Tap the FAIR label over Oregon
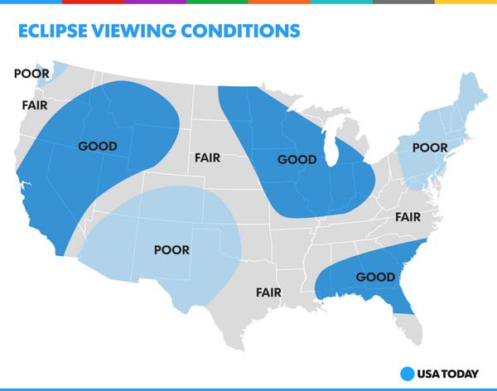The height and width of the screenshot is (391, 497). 35,105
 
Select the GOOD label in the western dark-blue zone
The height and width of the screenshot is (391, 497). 97,147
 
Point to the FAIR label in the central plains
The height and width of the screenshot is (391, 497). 207,157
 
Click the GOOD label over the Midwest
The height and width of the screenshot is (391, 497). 297,159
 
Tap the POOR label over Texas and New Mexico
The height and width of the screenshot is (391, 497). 171,249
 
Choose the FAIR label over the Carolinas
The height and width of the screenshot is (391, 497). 408,217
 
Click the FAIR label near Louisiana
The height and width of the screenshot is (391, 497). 268,292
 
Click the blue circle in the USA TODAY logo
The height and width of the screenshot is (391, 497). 406,373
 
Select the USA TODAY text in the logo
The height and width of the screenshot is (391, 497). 448,373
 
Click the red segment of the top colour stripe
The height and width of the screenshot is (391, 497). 93,2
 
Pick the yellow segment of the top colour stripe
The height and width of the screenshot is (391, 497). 466,2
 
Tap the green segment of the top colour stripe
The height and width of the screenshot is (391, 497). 217,2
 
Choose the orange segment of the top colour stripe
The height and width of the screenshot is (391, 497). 279,2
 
